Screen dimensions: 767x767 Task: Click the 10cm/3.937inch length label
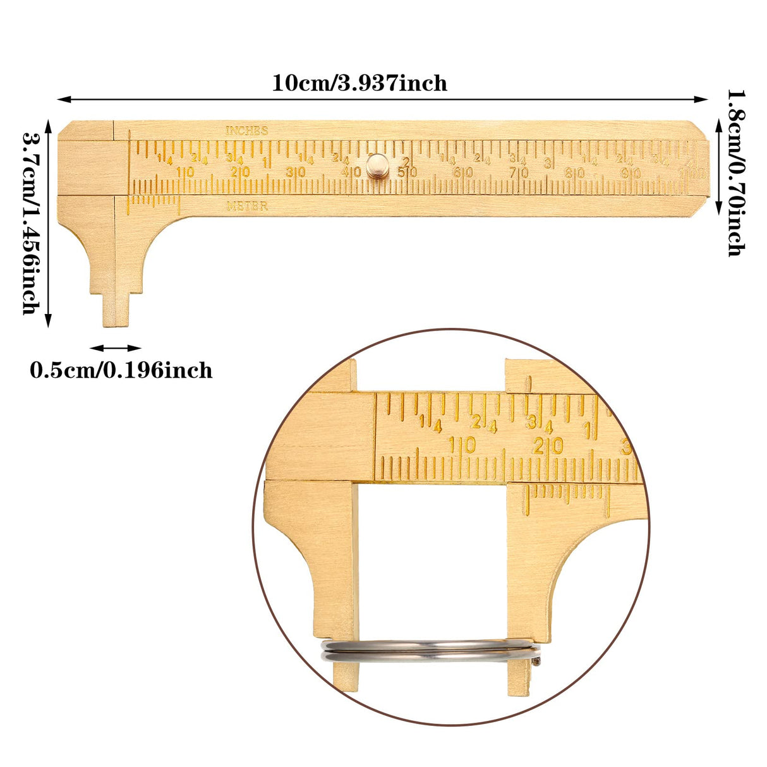pyautogui.click(x=359, y=83)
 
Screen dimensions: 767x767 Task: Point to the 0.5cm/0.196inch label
pyautogui.click(x=121, y=370)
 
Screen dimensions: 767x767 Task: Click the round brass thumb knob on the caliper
pyautogui.click(x=378, y=165)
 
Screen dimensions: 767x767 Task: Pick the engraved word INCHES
pyautogui.click(x=247, y=131)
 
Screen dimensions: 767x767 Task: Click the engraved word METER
pyautogui.click(x=247, y=206)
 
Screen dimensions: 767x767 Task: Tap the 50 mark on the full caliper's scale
pyautogui.click(x=407, y=172)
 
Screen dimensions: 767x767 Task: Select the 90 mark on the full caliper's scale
pyautogui.click(x=631, y=173)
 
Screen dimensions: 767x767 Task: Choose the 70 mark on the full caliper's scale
pyautogui.click(x=519, y=172)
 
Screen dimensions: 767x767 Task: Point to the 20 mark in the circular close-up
pyautogui.click(x=547, y=446)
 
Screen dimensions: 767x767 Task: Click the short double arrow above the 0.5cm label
pyautogui.click(x=115, y=347)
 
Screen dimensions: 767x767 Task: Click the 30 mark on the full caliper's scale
pyautogui.click(x=296, y=172)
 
